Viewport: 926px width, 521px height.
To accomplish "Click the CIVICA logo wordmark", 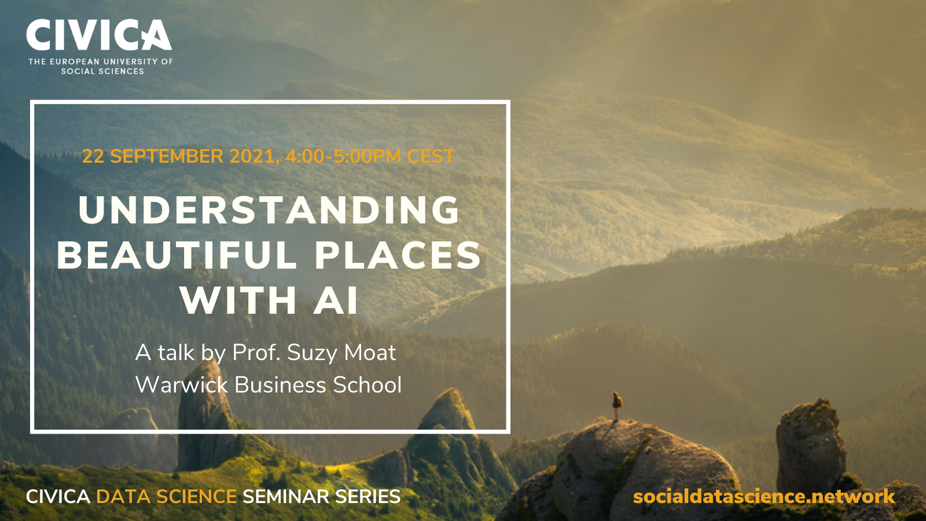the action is (99, 35).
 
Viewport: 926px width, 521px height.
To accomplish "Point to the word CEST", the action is (431, 156).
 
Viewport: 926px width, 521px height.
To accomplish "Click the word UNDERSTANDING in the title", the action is (269, 210).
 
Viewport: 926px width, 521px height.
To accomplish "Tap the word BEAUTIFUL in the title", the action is (177, 255).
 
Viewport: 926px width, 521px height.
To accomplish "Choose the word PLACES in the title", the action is (398, 255).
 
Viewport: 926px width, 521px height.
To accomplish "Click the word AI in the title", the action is (336, 300).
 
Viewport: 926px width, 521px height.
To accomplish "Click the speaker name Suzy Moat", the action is (341, 353).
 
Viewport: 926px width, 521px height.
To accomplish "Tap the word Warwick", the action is (182, 384).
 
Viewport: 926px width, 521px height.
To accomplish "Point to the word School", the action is (367, 384).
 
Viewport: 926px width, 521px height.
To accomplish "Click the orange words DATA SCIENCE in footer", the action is (166, 496).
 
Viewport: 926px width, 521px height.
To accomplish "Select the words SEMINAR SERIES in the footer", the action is (322, 496).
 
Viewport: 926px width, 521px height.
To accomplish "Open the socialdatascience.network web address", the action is (764, 496).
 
